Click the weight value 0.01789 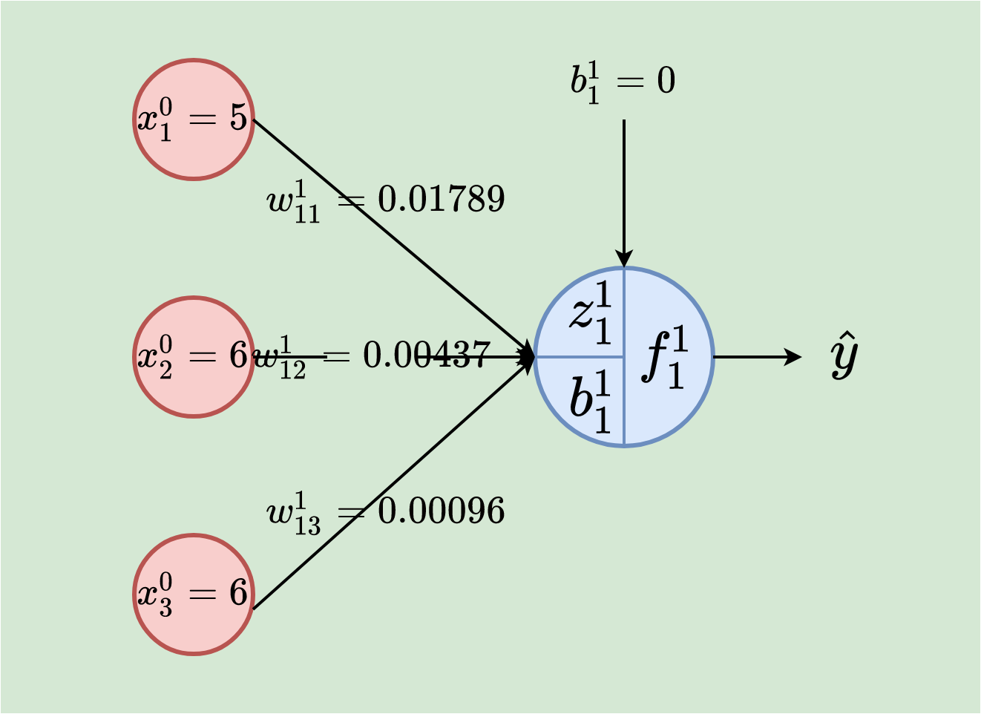click(x=442, y=199)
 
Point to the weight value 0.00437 click(x=427, y=356)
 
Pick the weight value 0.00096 click(x=442, y=511)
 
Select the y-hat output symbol click(x=844, y=356)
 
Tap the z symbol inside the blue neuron click(x=591, y=313)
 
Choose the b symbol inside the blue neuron click(x=591, y=402)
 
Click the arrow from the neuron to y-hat click(x=757, y=357)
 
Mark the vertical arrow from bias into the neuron click(x=624, y=193)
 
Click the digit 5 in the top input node click(x=238, y=117)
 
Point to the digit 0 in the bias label click(x=666, y=80)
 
